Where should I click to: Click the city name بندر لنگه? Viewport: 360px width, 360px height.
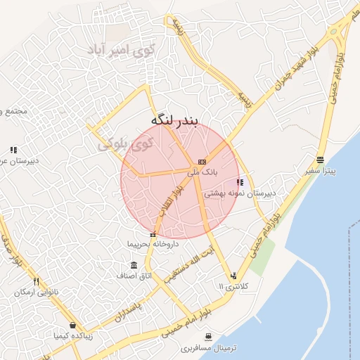(180, 120)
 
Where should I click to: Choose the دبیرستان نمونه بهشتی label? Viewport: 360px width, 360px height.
(240, 192)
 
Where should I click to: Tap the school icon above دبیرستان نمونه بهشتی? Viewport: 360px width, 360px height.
(240, 182)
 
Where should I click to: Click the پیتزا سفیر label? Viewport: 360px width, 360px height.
(321, 171)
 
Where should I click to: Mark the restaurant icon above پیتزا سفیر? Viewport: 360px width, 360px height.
(321, 160)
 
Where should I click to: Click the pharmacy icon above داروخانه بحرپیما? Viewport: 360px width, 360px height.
(153, 234)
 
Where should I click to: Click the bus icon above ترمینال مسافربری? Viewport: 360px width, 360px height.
(208, 337)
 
